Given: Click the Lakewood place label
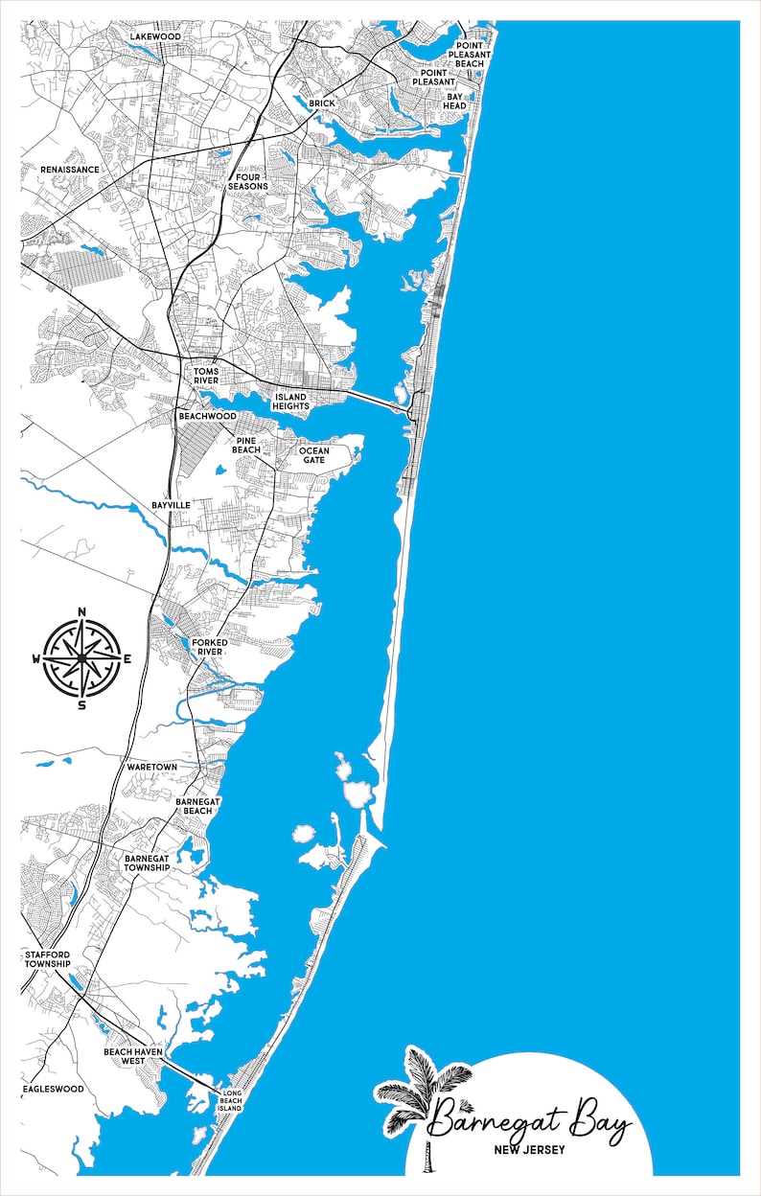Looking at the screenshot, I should (x=155, y=36).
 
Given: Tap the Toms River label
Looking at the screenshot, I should (x=206, y=375).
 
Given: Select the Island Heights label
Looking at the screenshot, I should (x=291, y=402).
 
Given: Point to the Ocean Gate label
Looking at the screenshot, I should (x=312, y=455).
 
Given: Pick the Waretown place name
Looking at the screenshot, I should (x=151, y=768).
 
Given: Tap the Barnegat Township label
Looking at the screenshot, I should (x=147, y=862).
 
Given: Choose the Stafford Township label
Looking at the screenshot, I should (x=48, y=958).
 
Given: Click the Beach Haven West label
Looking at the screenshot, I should (x=133, y=1056).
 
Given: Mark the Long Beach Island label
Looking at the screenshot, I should (x=232, y=1101).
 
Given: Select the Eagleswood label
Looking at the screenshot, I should (x=53, y=1089).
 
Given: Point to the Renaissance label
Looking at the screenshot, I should (x=69, y=170).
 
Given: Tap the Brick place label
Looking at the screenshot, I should (x=321, y=103).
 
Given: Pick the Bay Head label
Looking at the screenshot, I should (x=454, y=101).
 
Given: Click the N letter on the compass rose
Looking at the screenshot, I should (x=81, y=612).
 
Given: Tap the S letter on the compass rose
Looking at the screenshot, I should (x=81, y=705).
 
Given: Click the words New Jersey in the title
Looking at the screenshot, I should (x=529, y=1150).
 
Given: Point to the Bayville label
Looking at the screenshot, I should (x=171, y=504).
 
